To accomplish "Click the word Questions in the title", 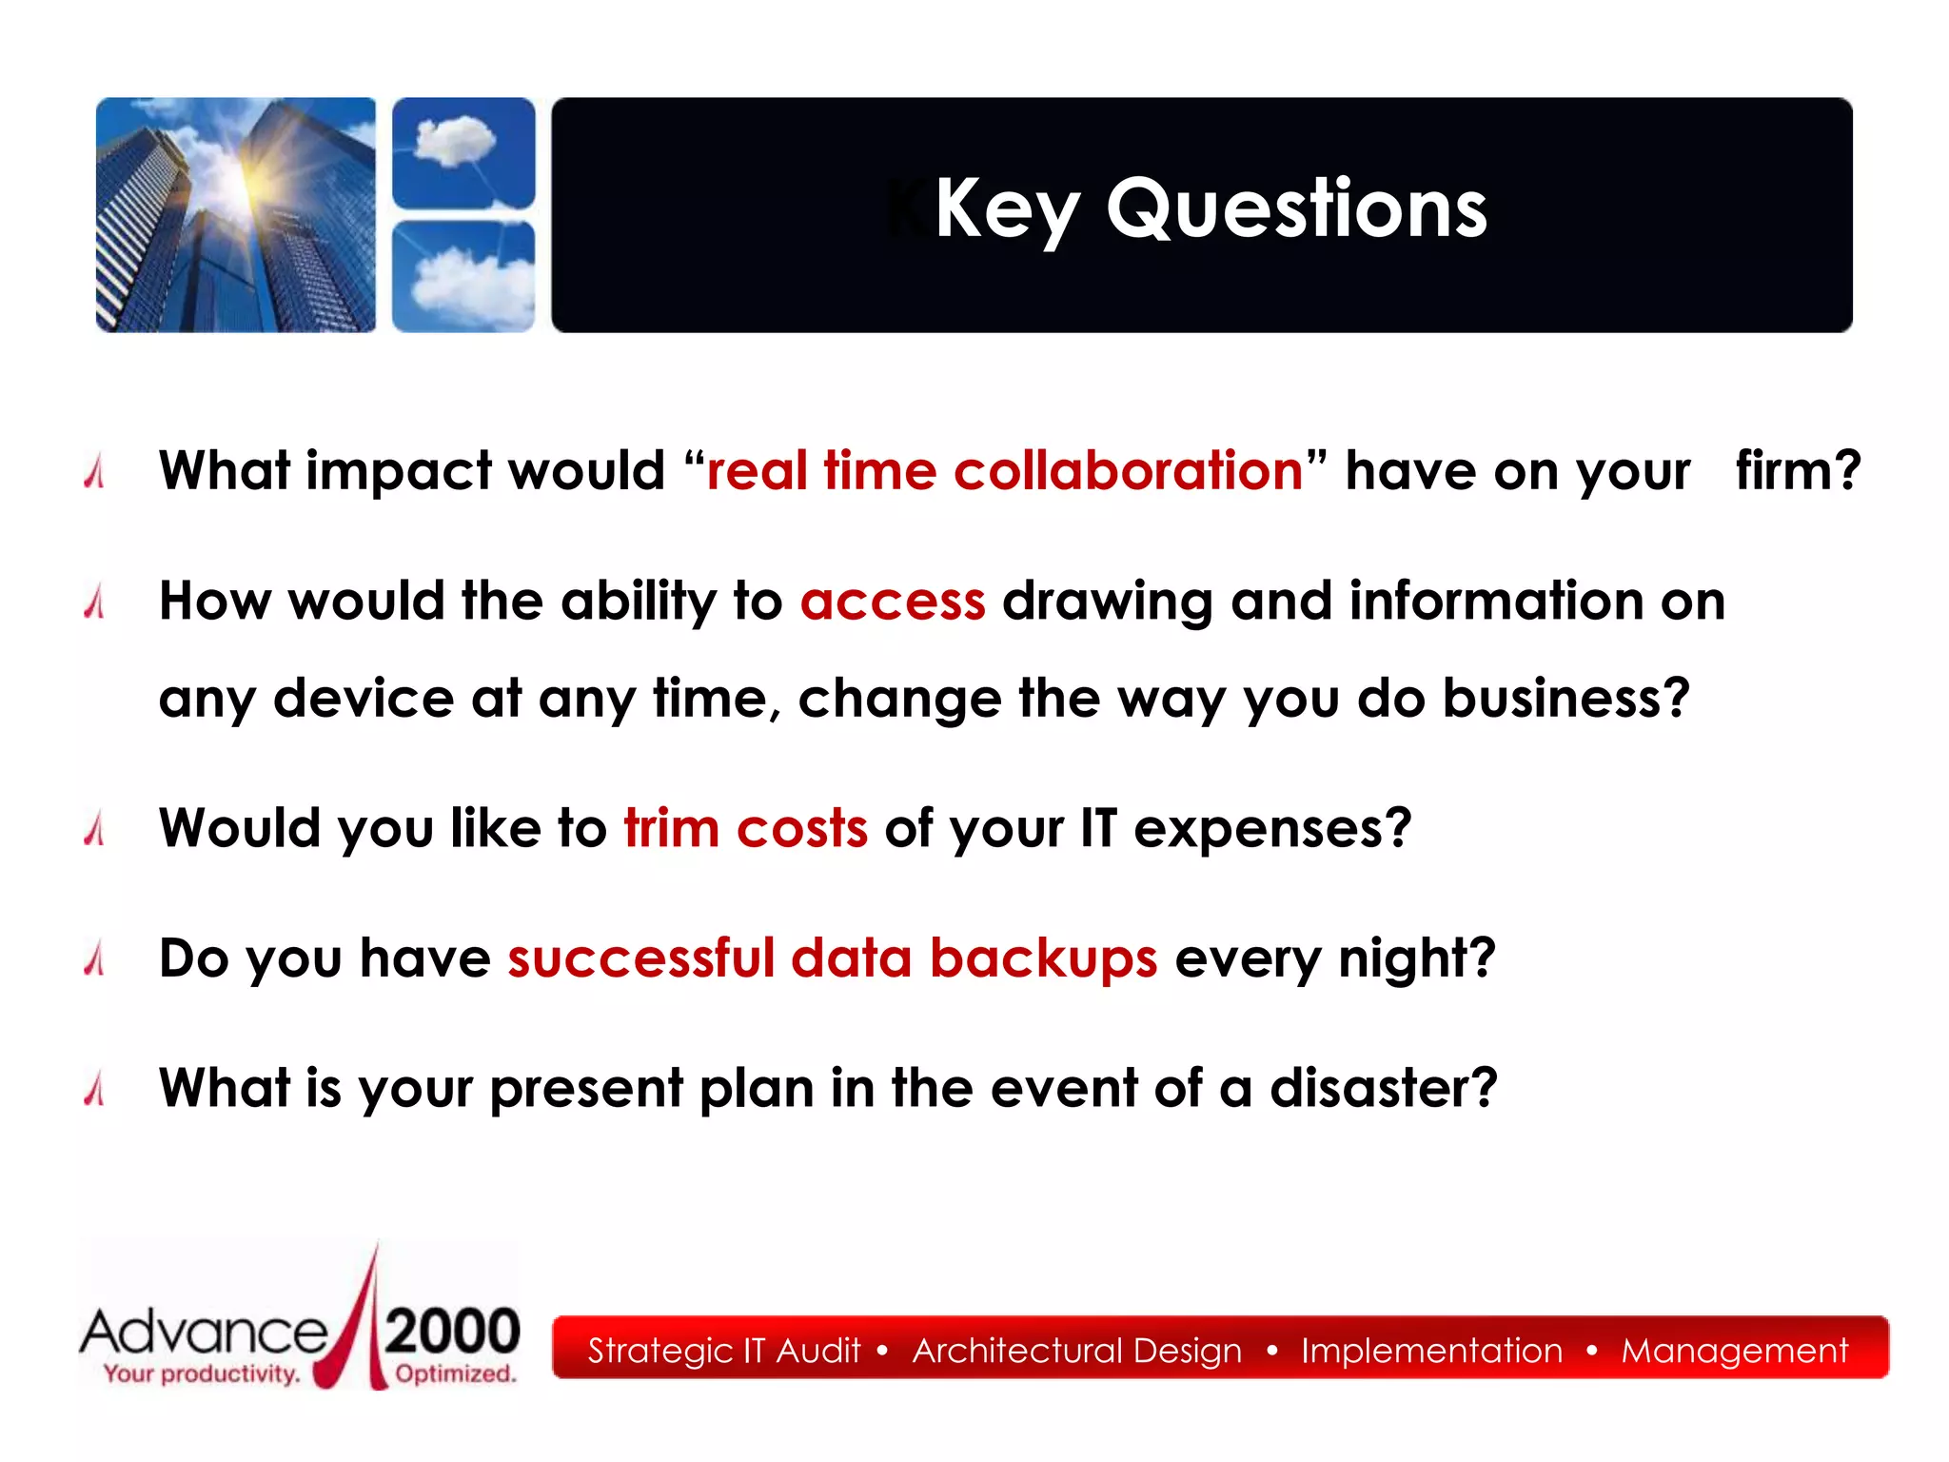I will click(x=1296, y=209).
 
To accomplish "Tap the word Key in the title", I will click(x=1006, y=211).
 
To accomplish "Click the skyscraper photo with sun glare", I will click(x=236, y=215).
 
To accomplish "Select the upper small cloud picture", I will click(x=463, y=152).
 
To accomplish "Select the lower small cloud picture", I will click(x=463, y=276).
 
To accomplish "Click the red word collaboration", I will click(x=1128, y=471).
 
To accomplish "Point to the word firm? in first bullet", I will click(x=1797, y=471).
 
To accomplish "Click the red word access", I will click(x=893, y=603).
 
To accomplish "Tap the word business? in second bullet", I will click(x=1565, y=700).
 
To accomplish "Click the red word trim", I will click(x=671, y=828).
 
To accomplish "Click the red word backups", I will click(x=1043, y=958).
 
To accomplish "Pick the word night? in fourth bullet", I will click(x=1416, y=959).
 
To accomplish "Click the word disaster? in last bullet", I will click(x=1383, y=1089).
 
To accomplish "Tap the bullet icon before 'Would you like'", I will click(x=94, y=828).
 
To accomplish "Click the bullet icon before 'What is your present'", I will click(x=94, y=1088).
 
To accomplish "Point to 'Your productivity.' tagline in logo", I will click(x=202, y=1373).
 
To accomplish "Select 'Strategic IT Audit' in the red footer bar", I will click(x=723, y=1351).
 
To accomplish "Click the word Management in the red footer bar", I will click(x=1734, y=1351).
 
